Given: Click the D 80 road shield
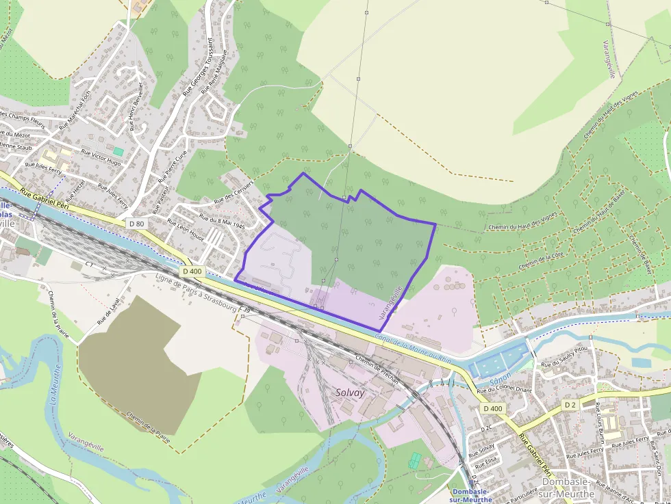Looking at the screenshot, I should pos(136,224).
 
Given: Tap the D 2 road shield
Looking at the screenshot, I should pos(570,405).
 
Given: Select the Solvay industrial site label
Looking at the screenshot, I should pos(350,393).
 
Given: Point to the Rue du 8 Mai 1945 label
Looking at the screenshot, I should pos(222,221).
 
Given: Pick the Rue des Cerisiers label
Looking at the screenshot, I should pos(233,191).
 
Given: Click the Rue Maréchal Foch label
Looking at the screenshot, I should pos(75,109).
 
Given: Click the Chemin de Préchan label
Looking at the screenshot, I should pos(377,369).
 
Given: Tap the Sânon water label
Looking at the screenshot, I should pos(501,382).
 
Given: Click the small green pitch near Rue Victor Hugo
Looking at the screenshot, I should pos(119,150).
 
